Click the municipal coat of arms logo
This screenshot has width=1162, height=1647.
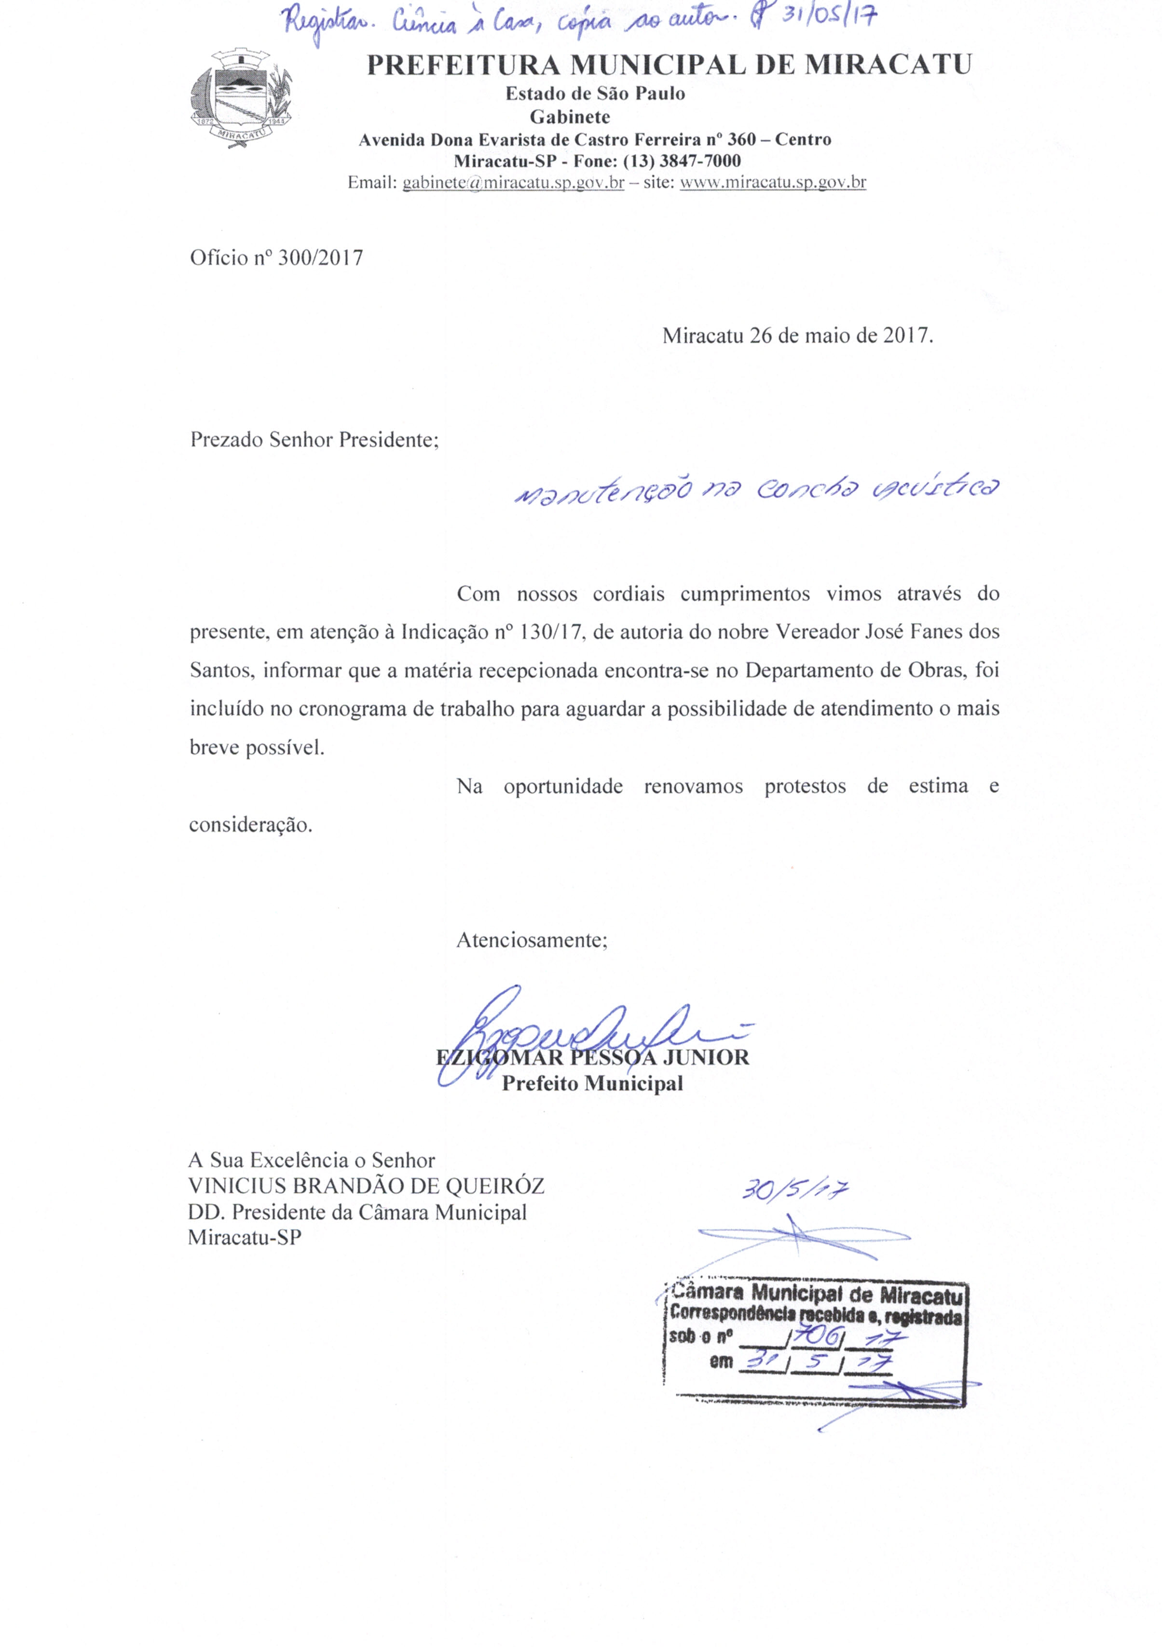(242, 99)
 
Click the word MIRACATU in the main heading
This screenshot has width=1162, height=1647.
(887, 65)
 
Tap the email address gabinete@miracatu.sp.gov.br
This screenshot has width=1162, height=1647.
(513, 183)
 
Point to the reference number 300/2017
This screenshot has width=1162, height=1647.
(320, 258)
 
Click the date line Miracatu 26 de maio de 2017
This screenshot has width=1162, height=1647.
(797, 336)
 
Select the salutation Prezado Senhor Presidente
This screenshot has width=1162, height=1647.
(314, 440)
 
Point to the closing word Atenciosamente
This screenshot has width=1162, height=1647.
(532, 941)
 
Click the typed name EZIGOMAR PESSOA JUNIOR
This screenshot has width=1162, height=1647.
(592, 1057)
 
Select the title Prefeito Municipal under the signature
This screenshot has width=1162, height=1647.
(592, 1083)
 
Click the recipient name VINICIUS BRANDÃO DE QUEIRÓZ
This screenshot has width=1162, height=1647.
(366, 1186)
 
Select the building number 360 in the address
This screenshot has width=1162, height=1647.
(742, 139)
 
